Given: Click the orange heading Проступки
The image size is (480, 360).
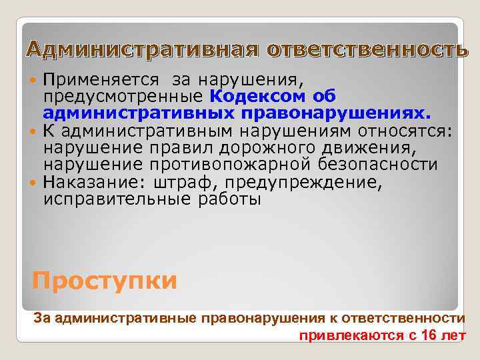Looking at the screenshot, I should (105, 281).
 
